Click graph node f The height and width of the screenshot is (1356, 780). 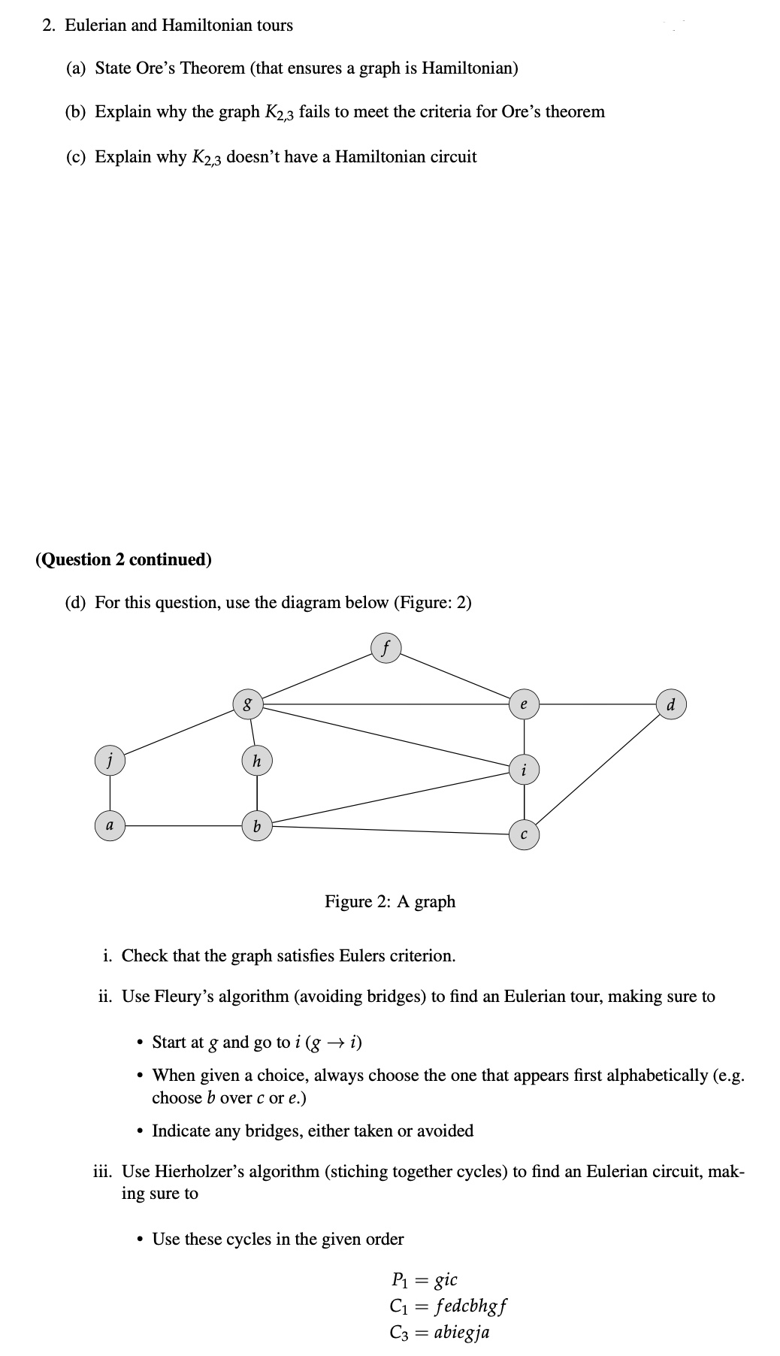[x=385, y=647]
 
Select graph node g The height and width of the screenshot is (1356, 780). [x=247, y=705]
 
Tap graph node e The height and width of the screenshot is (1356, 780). [x=524, y=704]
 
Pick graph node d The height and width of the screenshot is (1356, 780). [x=671, y=705]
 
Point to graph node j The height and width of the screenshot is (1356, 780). [x=110, y=759]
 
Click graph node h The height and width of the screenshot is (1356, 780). [x=257, y=761]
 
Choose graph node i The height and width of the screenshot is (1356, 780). [x=524, y=770]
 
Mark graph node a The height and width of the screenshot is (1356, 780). [x=110, y=825]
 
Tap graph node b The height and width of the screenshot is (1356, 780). [x=257, y=826]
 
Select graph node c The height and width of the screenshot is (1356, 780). [x=524, y=834]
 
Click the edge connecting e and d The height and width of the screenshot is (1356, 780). [x=597, y=704]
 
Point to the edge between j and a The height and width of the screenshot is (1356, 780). [x=110, y=792]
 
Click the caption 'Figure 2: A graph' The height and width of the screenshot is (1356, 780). [x=390, y=901]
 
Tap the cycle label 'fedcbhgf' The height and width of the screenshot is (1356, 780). [x=470, y=1304]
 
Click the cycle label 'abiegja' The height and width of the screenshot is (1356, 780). [x=461, y=1332]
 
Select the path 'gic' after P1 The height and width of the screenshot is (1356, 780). [x=446, y=1279]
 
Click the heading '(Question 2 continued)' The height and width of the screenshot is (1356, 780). [x=123, y=559]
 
